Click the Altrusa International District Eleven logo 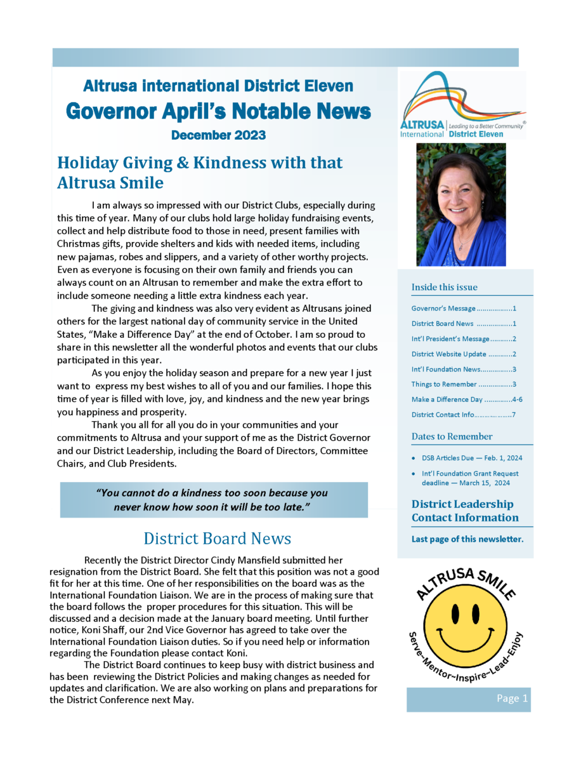(x=462, y=105)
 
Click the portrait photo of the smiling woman (x=461, y=204)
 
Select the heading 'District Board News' (x=217, y=538)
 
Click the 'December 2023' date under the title (x=218, y=135)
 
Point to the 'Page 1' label (x=513, y=698)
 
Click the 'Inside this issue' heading (x=444, y=287)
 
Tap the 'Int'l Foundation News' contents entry (x=463, y=369)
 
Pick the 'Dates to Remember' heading (x=452, y=436)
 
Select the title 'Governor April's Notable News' (x=218, y=111)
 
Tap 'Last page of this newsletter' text (x=467, y=539)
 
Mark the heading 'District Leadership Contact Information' (x=464, y=511)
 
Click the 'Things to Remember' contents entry (x=463, y=384)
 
